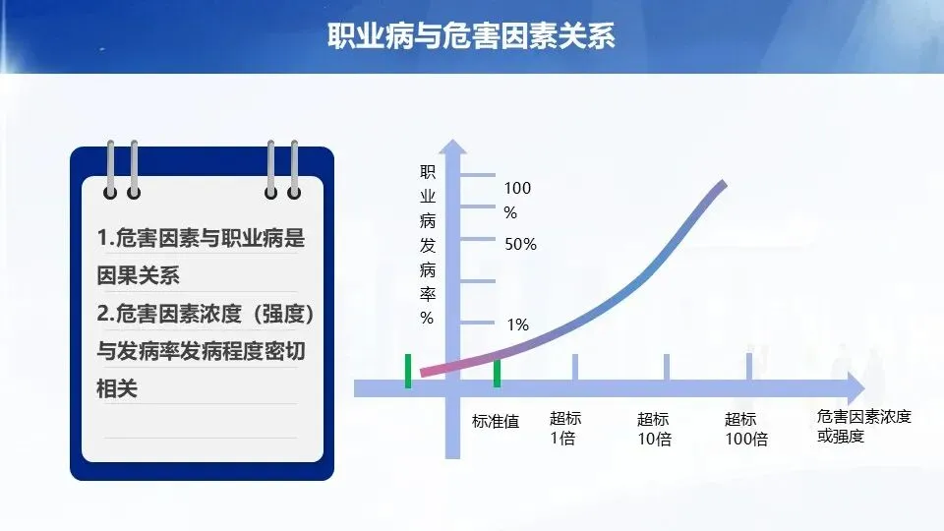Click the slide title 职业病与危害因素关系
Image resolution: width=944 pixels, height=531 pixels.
coord(471,35)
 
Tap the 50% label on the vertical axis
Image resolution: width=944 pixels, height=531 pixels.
coord(521,245)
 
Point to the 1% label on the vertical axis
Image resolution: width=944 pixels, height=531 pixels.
coord(518,325)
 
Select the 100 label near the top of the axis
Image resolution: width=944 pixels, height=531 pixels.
coord(518,189)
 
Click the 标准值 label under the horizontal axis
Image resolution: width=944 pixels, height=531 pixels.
coord(496,422)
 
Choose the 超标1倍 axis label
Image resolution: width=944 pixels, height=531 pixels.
coord(565,428)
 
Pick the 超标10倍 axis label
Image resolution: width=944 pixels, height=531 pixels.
coord(654,429)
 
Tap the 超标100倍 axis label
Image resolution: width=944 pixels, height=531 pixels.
coord(746,429)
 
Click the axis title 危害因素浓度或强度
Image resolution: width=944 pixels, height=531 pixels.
coord(864,426)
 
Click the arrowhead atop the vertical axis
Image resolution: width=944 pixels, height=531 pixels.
coord(452,147)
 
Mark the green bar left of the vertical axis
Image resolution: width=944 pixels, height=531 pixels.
coord(408,371)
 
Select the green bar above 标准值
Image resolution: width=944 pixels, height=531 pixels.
coord(497,373)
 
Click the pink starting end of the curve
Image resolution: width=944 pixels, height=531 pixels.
coord(425,372)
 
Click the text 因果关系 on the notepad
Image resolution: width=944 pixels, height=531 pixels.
coord(139,275)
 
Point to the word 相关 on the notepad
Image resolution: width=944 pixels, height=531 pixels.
coord(117,388)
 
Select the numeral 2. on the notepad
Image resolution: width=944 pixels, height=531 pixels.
coord(105,313)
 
